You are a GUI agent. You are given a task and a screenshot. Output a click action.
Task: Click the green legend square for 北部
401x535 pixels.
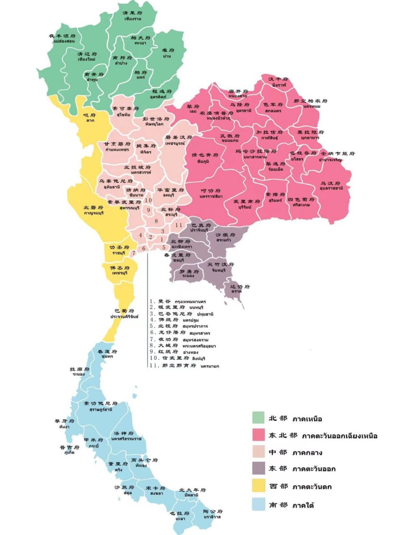pyautogui.click(x=259, y=418)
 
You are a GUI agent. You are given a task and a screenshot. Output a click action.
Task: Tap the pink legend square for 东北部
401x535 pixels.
pyautogui.click(x=259, y=435)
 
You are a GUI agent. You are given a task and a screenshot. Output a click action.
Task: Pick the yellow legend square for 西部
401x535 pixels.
pyautogui.click(x=259, y=487)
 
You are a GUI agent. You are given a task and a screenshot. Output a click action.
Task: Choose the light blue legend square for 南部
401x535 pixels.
pyautogui.click(x=259, y=504)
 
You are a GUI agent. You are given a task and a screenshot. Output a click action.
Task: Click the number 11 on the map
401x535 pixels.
pyautogui.click(x=179, y=225)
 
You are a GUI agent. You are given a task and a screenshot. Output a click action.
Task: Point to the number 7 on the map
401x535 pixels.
pyautogui.click(x=134, y=253)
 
